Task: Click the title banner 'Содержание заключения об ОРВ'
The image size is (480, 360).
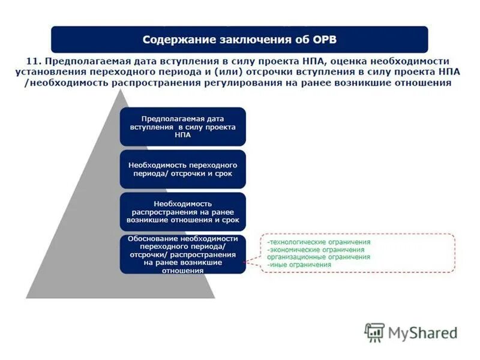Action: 239,39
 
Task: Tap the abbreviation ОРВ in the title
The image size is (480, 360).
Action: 323,40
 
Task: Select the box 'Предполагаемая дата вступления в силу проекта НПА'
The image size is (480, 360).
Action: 182,127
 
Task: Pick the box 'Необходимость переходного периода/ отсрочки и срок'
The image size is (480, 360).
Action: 182,169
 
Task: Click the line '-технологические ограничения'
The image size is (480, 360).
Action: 319,242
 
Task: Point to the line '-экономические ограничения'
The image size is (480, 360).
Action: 316,250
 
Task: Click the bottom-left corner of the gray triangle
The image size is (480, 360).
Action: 27,297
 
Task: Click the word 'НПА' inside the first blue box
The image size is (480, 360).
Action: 182,136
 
